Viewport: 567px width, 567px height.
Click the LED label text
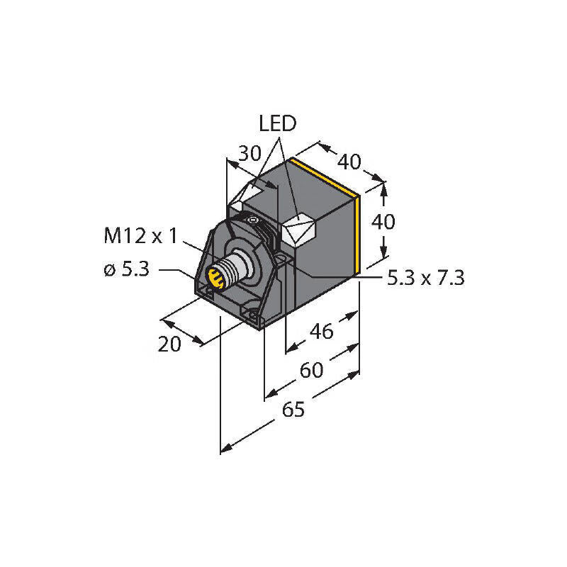277,125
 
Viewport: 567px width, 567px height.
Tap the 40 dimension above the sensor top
348,162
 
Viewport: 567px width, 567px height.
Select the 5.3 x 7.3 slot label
425,279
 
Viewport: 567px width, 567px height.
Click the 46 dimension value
322,331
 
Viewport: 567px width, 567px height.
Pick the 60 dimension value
312,370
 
